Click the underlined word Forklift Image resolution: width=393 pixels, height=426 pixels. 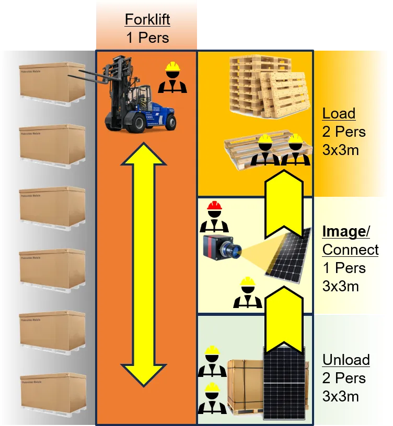(x=147, y=20)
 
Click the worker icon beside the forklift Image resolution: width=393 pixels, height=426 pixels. (x=172, y=78)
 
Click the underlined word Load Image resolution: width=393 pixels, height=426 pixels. (x=339, y=114)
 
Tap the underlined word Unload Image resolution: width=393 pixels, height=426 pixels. (x=345, y=360)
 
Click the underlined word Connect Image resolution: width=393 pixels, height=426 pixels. (x=350, y=250)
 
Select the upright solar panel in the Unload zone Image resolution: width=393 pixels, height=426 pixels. (x=284, y=384)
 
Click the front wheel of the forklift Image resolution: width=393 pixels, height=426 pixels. (x=138, y=123)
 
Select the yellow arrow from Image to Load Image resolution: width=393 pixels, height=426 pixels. (x=282, y=206)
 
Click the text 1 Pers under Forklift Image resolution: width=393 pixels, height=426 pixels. (x=147, y=38)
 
